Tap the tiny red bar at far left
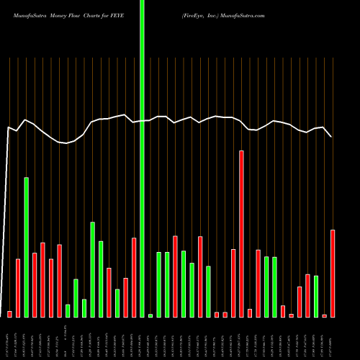point(10,314)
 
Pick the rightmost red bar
point(333,274)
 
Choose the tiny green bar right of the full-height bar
point(150,315)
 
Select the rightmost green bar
point(316,296)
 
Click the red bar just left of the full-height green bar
point(134,277)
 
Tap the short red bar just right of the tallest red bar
point(250,313)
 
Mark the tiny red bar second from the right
point(325,315)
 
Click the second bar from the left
point(18,288)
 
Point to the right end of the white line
point(331,136)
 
